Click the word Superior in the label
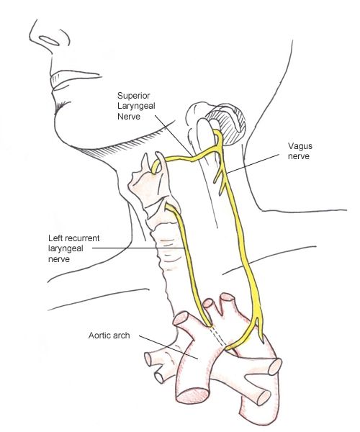coord(134,96)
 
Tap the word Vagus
coord(300,146)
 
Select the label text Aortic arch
coord(109,336)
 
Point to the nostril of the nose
coord(49,40)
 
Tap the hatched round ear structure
coord(226,124)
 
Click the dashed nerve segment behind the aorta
coord(218,337)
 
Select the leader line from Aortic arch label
coord(168,347)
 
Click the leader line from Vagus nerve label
coord(253,164)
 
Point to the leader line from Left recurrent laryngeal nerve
coord(138,248)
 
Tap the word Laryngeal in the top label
coord(136,106)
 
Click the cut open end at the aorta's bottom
coord(193,397)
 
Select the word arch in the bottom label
coord(120,336)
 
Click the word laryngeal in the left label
coord(66,249)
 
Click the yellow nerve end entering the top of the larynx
coord(155,168)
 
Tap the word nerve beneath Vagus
coord(299,156)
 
